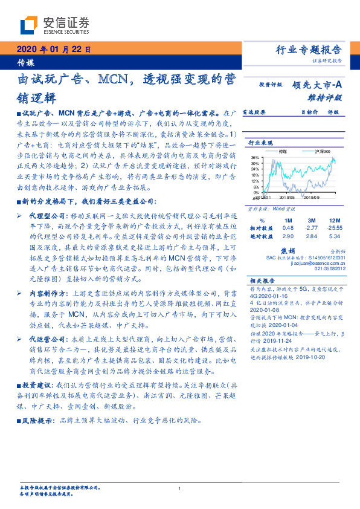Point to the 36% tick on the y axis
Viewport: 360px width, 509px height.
(254, 157)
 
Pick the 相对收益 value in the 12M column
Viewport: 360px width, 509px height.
(335, 227)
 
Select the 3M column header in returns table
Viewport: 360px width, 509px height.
(312, 219)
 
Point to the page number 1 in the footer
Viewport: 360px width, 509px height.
(179, 489)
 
